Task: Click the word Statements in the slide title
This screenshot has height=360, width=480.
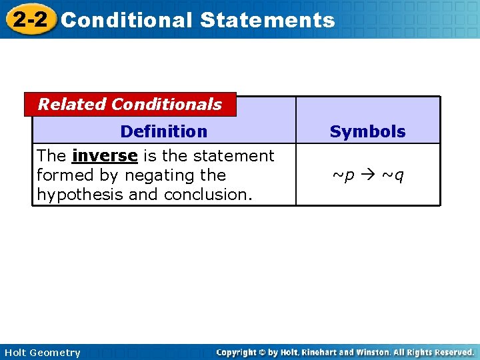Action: tap(267, 20)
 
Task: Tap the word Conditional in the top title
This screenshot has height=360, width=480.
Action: tap(127, 20)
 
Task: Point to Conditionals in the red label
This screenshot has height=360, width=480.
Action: tap(167, 104)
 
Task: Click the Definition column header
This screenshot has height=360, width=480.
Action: tap(163, 131)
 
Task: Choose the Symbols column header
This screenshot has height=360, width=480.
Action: tap(367, 131)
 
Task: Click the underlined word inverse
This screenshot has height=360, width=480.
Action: tap(105, 156)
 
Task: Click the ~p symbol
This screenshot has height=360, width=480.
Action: tap(344, 176)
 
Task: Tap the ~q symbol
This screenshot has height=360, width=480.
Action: tap(393, 176)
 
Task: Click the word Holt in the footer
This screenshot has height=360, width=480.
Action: tap(16, 353)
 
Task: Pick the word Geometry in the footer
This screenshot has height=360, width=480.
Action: tap(55, 353)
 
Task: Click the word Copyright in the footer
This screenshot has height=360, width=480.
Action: tap(238, 352)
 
